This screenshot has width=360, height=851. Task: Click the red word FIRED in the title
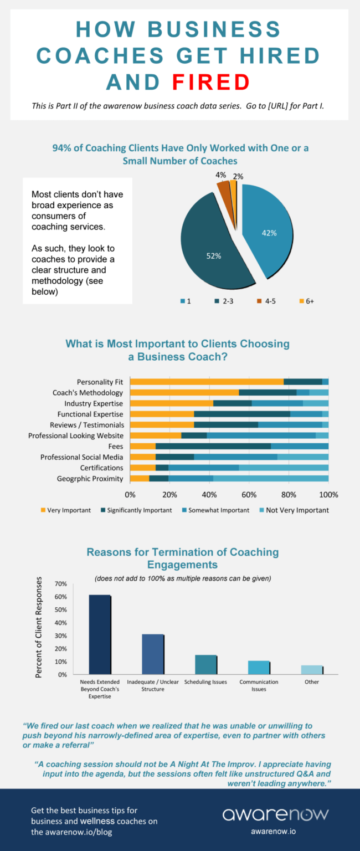click(x=211, y=81)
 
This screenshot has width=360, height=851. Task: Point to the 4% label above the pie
click(x=220, y=175)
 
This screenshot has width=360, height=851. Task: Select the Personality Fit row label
click(x=100, y=382)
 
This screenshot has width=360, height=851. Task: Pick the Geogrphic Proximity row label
click(x=90, y=478)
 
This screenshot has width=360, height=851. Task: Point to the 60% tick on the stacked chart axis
click(x=249, y=494)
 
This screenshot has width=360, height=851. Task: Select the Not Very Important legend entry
click(x=293, y=510)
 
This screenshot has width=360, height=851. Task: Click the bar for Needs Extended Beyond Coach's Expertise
click(x=100, y=635)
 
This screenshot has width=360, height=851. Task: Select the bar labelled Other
click(x=312, y=670)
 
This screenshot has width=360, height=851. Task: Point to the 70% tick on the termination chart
click(x=60, y=584)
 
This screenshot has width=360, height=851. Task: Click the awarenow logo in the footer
click(x=275, y=814)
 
